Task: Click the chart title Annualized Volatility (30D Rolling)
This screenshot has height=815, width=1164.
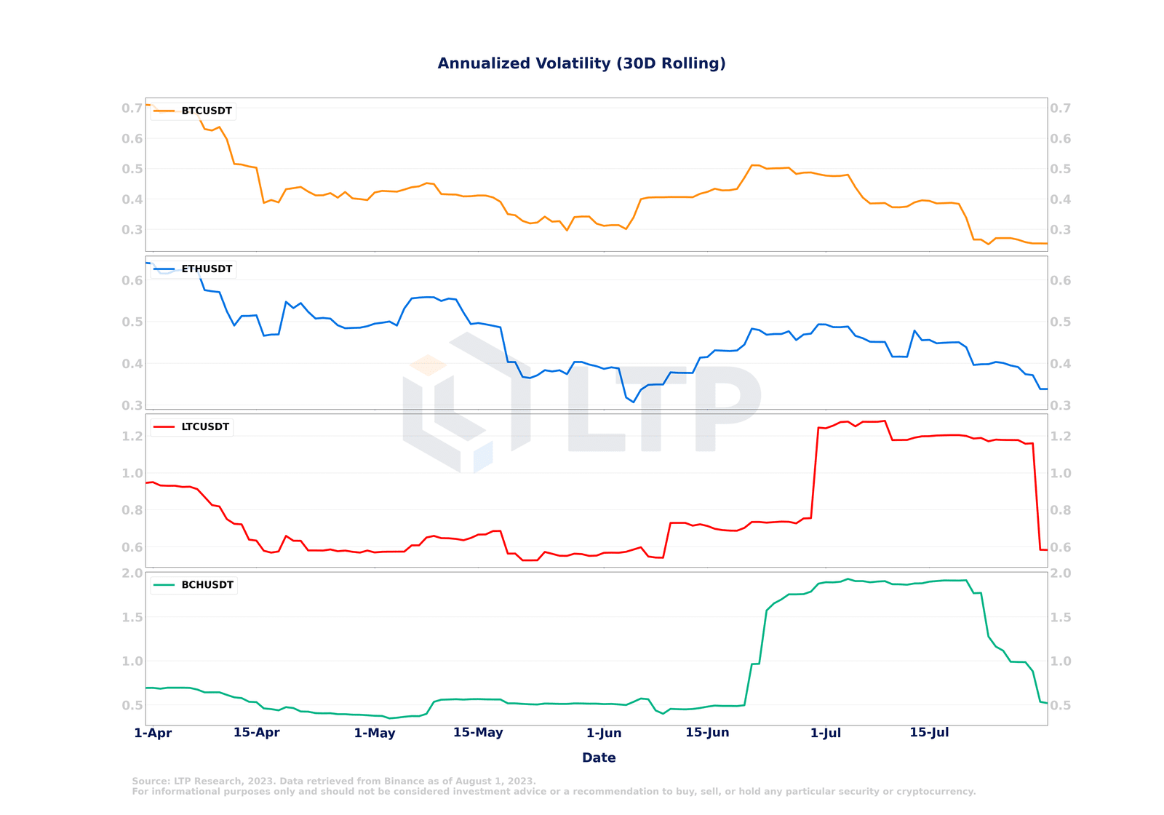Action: [581, 63]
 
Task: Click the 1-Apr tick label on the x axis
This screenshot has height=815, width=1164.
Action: [153, 733]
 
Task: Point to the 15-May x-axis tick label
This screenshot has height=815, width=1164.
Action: [478, 733]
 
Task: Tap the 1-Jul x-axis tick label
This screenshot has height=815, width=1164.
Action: [826, 733]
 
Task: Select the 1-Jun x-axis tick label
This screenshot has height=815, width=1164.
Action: [604, 733]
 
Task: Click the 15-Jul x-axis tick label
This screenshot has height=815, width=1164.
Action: [929, 733]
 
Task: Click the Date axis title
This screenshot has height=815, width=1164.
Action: [599, 758]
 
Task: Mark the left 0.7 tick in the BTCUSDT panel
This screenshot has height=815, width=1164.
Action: [132, 108]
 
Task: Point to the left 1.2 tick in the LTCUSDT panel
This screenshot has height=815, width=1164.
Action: [132, 437]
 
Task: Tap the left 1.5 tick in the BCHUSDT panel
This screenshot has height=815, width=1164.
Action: [132, 617]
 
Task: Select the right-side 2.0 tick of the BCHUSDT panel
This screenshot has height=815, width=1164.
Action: [1061, 573]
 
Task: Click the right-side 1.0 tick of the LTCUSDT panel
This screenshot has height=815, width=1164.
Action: [1061, 473]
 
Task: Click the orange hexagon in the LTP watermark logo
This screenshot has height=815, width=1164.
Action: [428, 365]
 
